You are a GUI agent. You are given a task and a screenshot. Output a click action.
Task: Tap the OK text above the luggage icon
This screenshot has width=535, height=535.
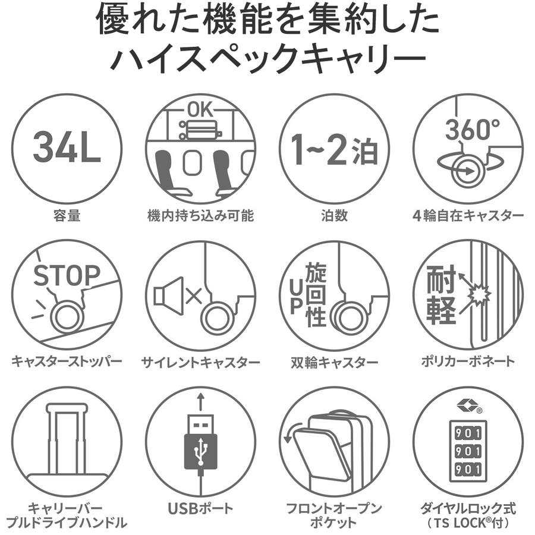(x=200, y=111)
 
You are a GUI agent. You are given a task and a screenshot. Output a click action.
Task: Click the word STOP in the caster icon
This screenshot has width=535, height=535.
(x=67, y=275)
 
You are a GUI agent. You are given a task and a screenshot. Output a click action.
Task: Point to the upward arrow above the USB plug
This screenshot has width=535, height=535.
(x=201, y=402)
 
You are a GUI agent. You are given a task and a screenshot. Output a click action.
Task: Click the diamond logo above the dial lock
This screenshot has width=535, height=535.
(x=468, y=405)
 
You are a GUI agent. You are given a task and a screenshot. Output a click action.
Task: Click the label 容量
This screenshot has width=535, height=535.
(x=67, y=216)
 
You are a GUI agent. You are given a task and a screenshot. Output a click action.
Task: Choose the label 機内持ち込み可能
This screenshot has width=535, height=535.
(x=200, y=216)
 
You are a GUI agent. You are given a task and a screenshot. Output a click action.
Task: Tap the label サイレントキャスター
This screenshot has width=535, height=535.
(x=200, y=361)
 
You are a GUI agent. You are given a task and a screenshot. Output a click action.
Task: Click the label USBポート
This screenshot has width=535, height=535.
(x=200, y=508)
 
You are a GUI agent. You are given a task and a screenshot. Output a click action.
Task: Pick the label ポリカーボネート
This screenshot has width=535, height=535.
(x=468, y=361)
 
